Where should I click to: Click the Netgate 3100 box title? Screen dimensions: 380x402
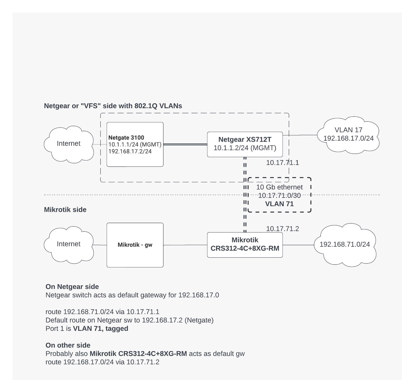pos(126,138)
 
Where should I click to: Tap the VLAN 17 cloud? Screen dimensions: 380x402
pos(348,134)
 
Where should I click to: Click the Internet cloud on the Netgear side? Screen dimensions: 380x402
pos(69,144)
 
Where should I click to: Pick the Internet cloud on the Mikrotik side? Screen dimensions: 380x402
pos(69,244)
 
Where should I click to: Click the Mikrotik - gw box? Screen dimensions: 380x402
pos(135,245)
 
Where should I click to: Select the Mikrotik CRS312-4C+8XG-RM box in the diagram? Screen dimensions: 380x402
pos(245,244)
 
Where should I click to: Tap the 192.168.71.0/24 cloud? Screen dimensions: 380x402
pos(345,244)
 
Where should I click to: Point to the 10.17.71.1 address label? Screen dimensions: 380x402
pos(282,163)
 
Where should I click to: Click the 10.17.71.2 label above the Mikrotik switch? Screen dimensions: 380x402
pos(282,229)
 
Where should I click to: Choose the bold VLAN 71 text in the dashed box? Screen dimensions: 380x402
pos(279,204)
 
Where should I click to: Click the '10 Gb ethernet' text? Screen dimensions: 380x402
pos(279,187)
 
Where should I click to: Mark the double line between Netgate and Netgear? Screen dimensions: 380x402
pos(185,145)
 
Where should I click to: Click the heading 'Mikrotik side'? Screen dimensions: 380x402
pos(65,210)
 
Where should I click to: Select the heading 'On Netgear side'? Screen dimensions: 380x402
pos(72,287)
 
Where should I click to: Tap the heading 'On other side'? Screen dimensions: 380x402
pos(68,345)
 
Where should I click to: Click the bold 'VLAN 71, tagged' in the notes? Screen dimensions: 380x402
pos(100,328)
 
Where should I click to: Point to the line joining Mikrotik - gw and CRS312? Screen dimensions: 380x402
pos(185,245)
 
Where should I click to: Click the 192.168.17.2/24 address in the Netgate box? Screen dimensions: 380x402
pos(130,152)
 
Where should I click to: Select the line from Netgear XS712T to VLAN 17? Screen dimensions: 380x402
pos(299,135)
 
